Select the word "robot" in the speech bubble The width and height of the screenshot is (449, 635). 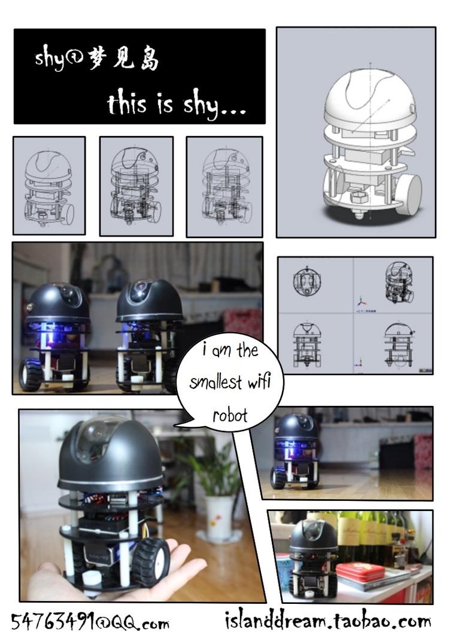tap(230, 415)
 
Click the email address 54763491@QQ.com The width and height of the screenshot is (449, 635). tap(90, 621)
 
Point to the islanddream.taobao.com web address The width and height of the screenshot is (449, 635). tap(328, 620)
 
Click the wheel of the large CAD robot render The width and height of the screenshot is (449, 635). tap(408, 193)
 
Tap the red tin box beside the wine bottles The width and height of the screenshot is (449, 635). tap(360, 572)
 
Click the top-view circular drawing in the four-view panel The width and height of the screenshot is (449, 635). tap(307, 280)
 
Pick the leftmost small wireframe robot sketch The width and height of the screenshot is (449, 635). tap(49, 188)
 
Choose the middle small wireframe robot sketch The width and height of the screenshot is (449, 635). tap(135, 186)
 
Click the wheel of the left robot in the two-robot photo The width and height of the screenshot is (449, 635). tap(31, 374)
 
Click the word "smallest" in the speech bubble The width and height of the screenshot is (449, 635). tap(216, 382)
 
